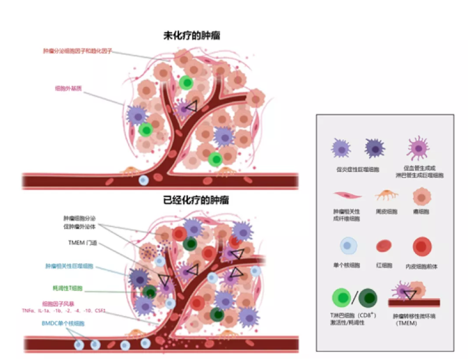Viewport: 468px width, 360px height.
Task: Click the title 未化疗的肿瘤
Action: click(x=182, y=34)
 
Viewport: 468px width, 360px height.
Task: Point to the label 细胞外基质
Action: click(x=68, y=88)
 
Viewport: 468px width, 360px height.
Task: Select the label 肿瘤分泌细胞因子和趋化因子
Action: click(x=77, y=52)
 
